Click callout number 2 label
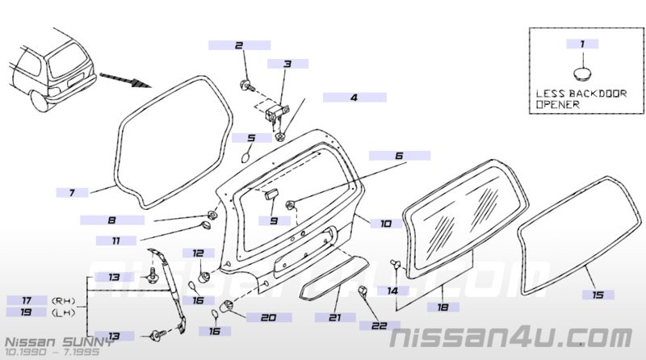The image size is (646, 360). tap(239, 45)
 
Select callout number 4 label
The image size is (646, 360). tap(354, 98)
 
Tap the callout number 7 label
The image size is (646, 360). tap(72, 192)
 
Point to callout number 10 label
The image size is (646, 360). tap(386, 224)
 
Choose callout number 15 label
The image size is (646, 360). tap(598, 295)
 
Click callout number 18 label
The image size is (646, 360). tap(443, 307)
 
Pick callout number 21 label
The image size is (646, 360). tap(335, 317)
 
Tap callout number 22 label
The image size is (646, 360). tap(380, 326)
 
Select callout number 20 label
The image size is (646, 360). tap(269, 317)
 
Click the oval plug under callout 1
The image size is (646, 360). tap(581, 73)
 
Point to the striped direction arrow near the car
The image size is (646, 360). tap(126, 80)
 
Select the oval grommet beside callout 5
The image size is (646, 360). tap(245, 157)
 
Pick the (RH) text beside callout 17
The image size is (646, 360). tap(63, 301)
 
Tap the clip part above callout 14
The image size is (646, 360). tap(394, 264)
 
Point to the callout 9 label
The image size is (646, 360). tap(275, 221)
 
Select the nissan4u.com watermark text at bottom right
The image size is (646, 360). tap(511, 338)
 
